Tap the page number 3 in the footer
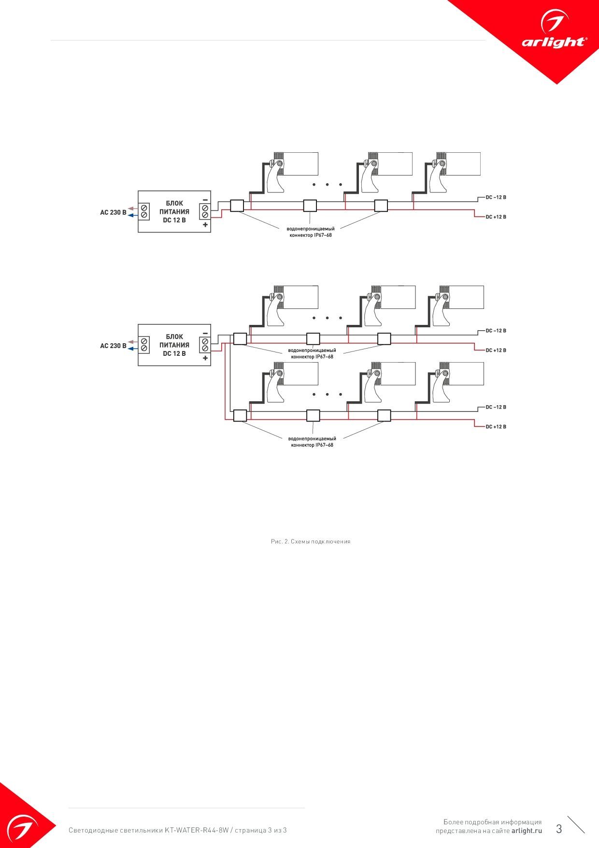[559, 829]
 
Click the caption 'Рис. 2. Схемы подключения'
[311, 541]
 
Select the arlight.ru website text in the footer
[527, 831]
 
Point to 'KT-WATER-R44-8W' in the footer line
[197, 830]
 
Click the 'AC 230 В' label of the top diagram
[114, 212]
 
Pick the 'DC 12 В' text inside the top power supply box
[174, 220]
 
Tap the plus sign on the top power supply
[205, 225]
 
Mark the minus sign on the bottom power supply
[205, 333]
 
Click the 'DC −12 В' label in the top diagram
[496, 197]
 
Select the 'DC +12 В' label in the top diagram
[496, 217]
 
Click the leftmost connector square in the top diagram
[237, 205]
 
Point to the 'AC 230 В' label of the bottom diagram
[114, 346]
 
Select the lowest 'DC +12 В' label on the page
[496, 427]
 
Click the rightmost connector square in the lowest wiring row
[384, 416]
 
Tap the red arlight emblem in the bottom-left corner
[22, 822]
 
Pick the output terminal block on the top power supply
[205, 211]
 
